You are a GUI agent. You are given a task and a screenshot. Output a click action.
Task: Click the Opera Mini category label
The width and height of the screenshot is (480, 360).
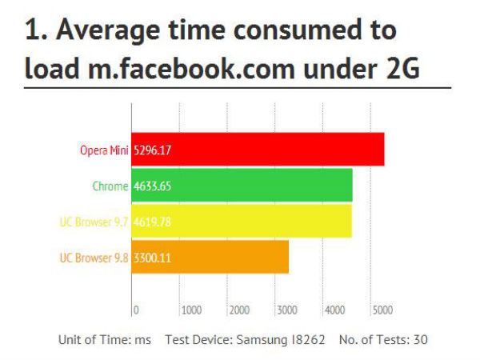pos(104,150)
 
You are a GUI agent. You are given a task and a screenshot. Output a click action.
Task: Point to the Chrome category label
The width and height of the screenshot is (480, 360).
pos(110,186)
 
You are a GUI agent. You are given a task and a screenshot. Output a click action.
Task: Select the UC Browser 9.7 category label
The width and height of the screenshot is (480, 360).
pos(94,222)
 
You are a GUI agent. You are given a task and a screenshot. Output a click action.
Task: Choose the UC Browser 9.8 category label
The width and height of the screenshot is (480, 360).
pos(94,258)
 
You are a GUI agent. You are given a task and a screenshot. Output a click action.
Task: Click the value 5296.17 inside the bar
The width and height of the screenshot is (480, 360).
pos(152,150)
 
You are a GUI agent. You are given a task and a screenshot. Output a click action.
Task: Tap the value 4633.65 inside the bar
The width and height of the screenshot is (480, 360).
pos(152,186)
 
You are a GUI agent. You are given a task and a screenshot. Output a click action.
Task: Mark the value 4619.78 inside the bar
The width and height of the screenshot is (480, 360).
pos(152,222)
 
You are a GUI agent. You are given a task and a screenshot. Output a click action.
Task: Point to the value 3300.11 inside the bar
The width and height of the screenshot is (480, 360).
pos(152,258)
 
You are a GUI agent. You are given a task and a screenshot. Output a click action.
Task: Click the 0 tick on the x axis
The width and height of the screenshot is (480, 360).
pos(136,310)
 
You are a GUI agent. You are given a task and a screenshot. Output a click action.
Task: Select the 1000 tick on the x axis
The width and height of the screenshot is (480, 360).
pos(191,310)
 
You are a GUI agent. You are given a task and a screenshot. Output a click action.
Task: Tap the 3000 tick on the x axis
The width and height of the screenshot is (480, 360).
pos(286,310)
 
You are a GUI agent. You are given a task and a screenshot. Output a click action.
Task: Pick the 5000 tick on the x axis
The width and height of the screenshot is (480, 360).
pos(382,310)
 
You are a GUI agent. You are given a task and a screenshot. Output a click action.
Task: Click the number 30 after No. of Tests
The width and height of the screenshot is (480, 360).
pos(420,340)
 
